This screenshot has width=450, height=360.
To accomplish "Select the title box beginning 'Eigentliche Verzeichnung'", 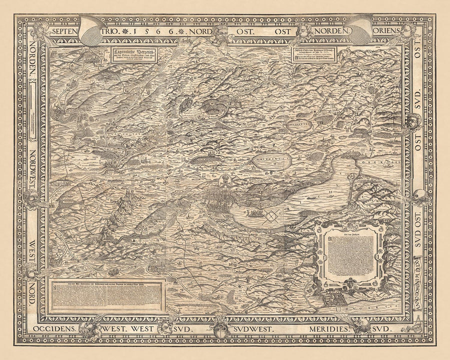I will [127, 55].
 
